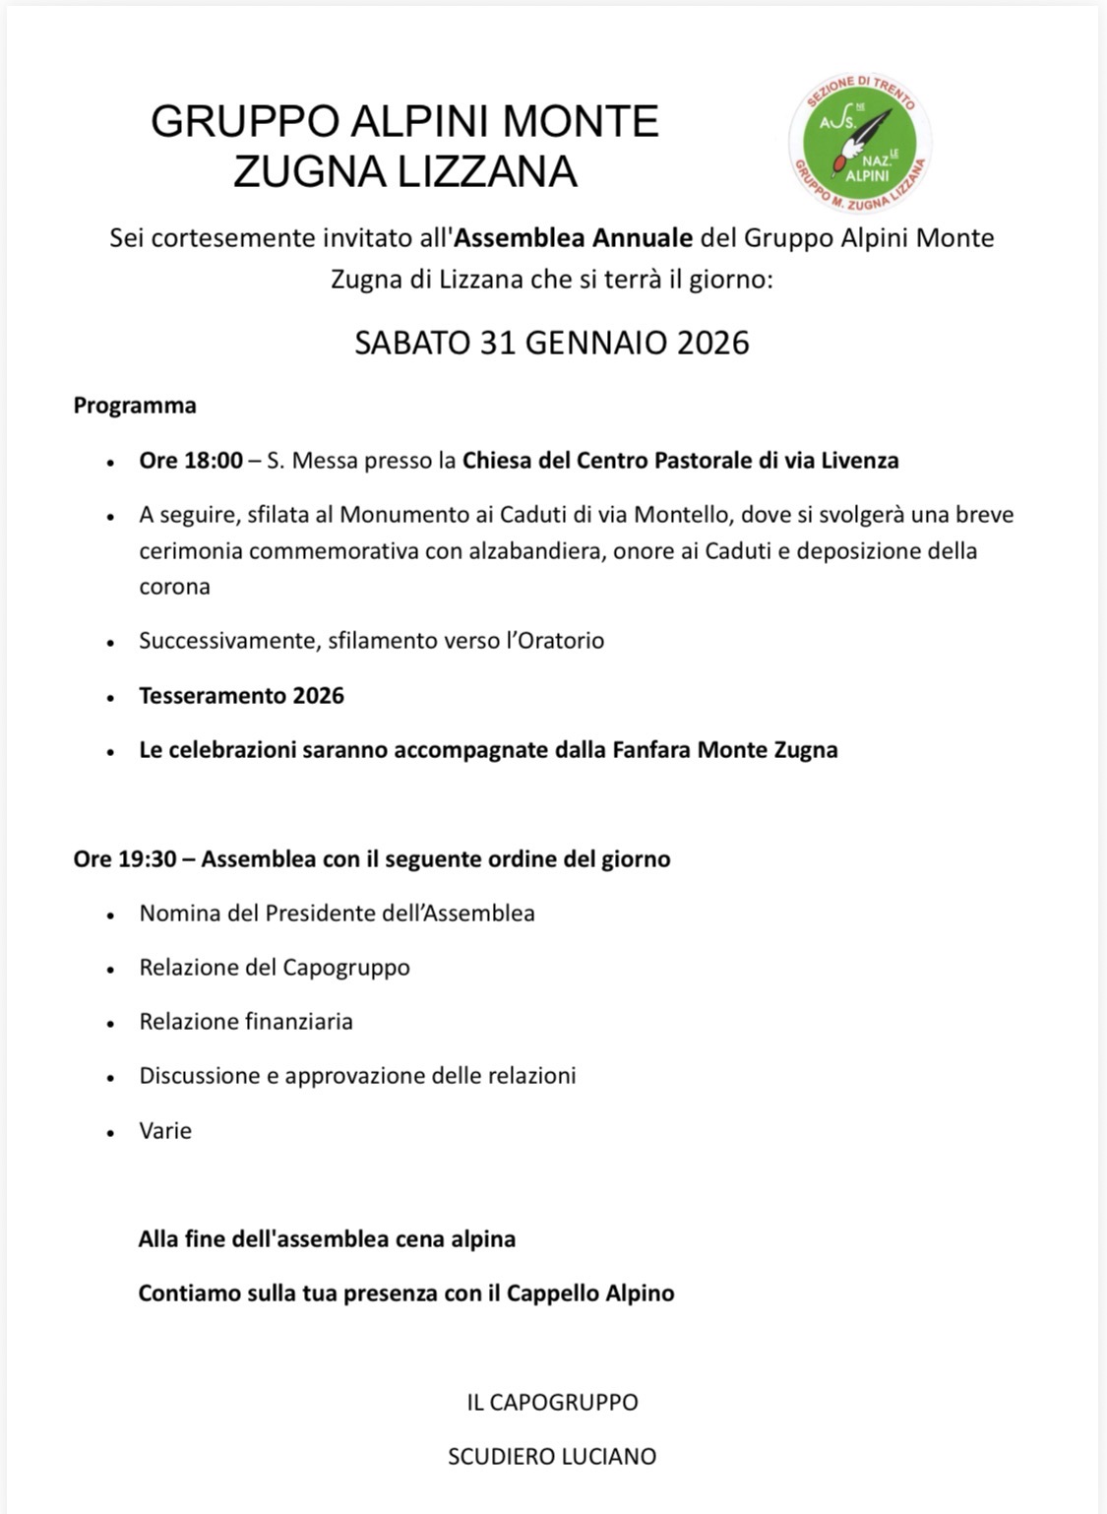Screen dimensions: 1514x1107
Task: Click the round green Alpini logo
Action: point(860,143)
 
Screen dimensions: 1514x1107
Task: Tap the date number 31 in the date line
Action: point(498,343)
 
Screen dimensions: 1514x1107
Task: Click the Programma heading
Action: point(135,406)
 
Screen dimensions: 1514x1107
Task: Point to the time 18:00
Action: point(213,460)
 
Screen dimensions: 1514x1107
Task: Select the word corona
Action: point(174,587)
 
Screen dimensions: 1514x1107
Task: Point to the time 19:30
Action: point(148,859)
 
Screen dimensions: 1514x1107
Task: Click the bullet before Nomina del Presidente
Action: point(111,915)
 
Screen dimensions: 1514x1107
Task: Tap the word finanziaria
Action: point(299,1022)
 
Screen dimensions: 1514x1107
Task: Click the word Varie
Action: point(165,1131)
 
